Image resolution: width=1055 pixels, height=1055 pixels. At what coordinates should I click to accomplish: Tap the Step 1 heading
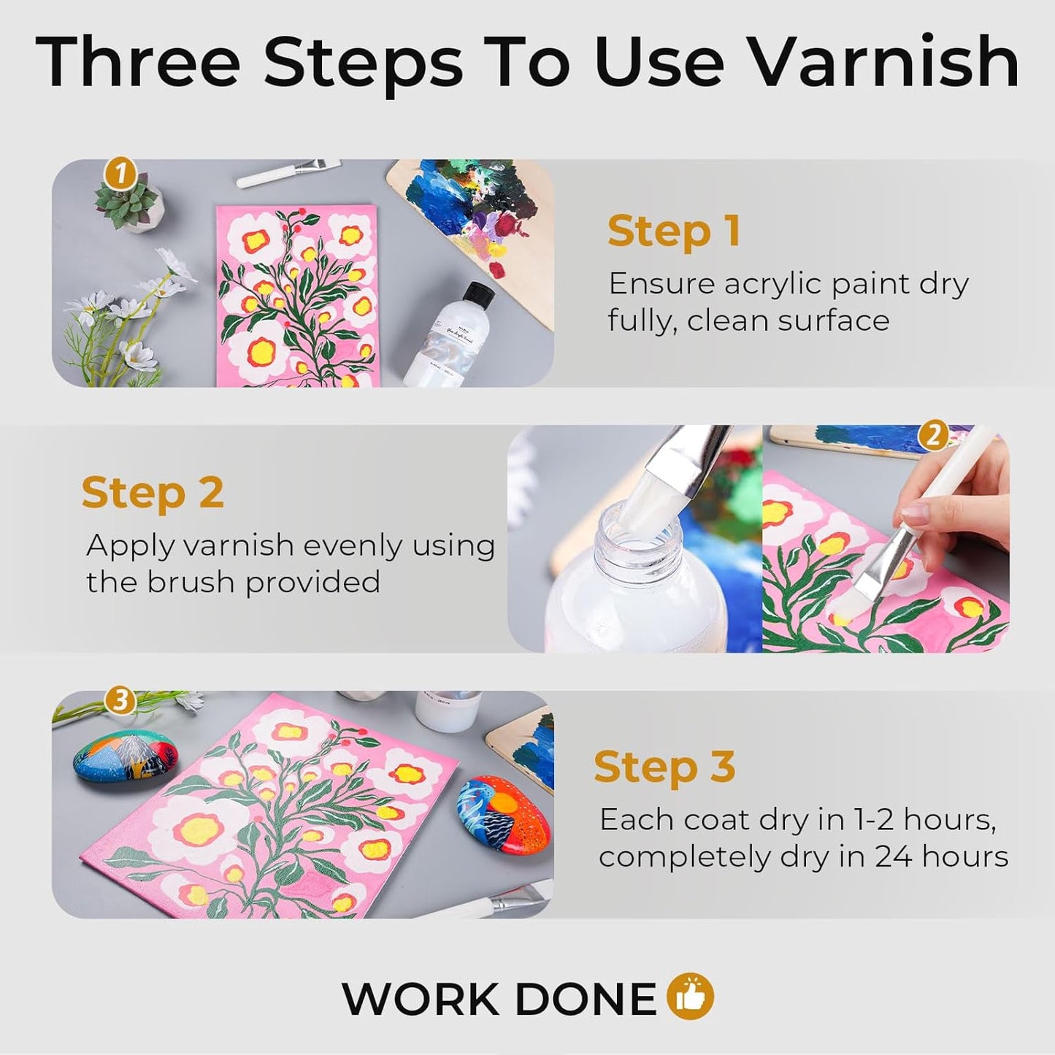(x=673, y=231)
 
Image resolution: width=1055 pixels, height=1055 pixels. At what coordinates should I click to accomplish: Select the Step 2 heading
(x=153, y=493)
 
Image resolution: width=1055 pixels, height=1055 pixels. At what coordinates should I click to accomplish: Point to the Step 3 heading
(x=664, y=767)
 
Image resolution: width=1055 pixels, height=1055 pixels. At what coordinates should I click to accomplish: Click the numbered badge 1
(x=121, y=174)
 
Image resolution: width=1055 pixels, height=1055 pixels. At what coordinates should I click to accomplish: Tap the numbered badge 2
(x=932, y=437)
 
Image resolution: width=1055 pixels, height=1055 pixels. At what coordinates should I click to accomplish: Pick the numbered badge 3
(x=120, y=701)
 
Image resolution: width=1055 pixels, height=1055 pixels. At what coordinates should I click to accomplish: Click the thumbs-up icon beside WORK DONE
(x=691, y=997)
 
